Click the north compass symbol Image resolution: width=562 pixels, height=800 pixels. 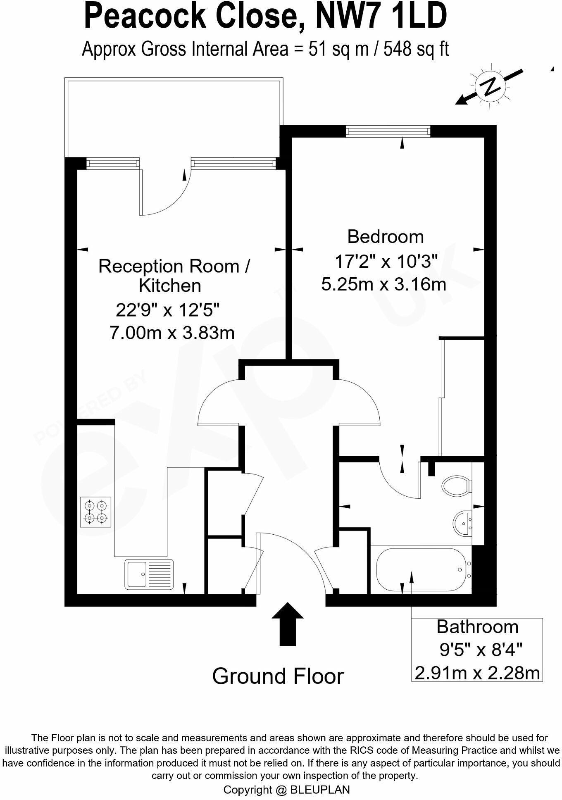[x=491, y=87]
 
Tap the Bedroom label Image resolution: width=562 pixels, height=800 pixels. [x=385, y=237]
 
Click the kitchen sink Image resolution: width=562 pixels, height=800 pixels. [x=149, y=574]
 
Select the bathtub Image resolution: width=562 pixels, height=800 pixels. [x=421, y=570]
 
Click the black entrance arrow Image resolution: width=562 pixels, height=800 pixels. [x=288, y=624]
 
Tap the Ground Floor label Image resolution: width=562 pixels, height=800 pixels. [x=278, y=676]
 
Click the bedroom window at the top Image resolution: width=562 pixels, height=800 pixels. [x=388, y=131]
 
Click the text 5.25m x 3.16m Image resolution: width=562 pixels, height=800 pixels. [x=383, y=284]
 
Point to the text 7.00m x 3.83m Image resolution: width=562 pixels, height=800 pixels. [x=172, y=332]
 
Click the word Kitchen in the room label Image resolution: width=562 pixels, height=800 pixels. [x=170, y=286]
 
